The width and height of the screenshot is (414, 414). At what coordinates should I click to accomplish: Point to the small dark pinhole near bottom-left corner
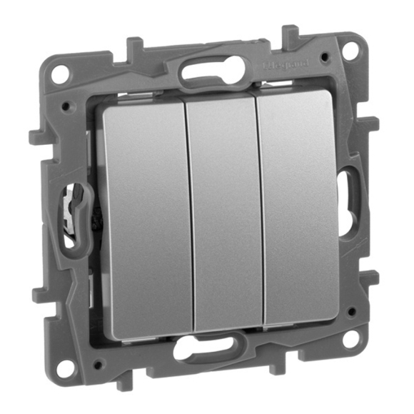click(97, 365)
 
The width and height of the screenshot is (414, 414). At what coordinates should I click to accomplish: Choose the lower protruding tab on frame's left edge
click(41, 291)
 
